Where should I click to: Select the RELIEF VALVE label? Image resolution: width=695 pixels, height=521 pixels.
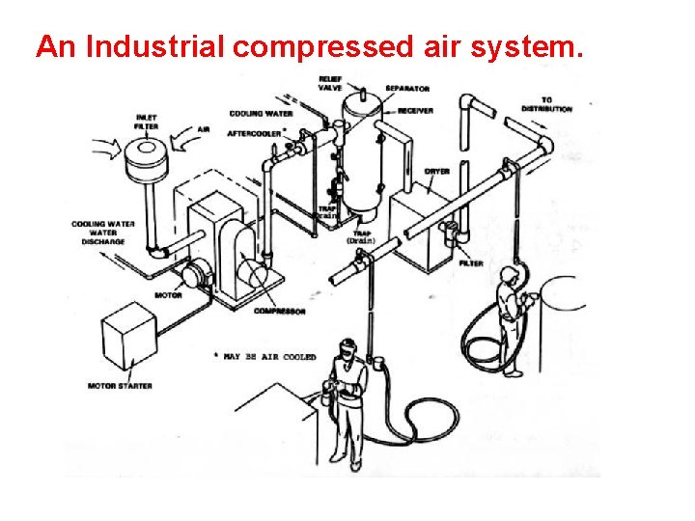[x=330, y=83]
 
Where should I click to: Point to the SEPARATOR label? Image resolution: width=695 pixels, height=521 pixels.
[x=407, y=89]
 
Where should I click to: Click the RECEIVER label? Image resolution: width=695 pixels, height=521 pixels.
[x=413, y=111]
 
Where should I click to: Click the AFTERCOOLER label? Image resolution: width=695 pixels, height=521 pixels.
[x=255, y=132]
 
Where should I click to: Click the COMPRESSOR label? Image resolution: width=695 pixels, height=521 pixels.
[x=280, y=312]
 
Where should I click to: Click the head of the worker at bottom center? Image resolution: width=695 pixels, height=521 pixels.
[x=347, y=346]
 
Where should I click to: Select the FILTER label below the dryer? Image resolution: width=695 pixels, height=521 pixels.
[x=472, y=262]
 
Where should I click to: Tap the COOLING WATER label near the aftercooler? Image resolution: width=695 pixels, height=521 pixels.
[x=262, y=114]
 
